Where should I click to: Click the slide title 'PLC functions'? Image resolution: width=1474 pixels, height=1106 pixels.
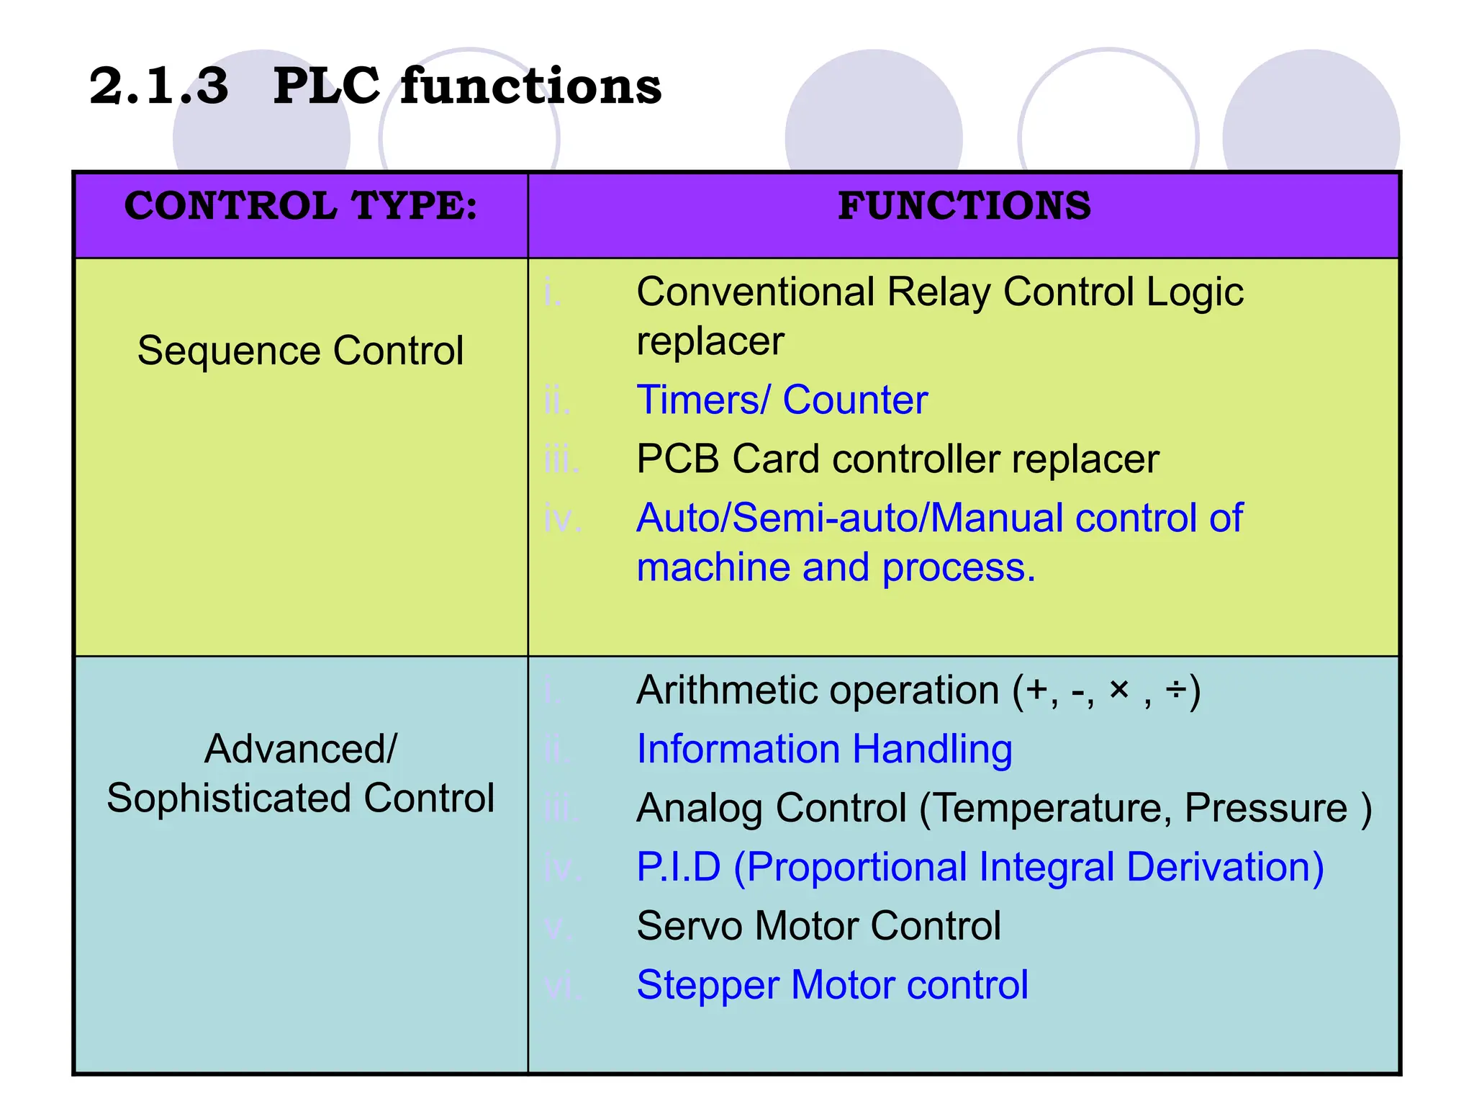click(x=466, y=86)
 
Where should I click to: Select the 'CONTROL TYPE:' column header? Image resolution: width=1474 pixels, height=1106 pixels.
click(x=300, y=207)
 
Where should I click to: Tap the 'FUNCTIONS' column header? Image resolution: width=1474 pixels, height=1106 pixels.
click(x=964, y=207)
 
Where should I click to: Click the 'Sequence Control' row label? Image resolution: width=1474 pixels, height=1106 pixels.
click(x=300, y=351)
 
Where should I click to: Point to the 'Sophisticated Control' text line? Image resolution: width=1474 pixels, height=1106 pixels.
click(x=300, y=799)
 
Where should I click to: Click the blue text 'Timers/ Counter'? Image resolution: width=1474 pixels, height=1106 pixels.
click(x=782, y=400)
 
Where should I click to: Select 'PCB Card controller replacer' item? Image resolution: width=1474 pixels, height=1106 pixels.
click(x=897, y=459)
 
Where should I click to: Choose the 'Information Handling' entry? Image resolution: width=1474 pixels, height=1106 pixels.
click(x=824, y=750)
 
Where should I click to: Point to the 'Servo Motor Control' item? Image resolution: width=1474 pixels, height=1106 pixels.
click(x=818, y=926)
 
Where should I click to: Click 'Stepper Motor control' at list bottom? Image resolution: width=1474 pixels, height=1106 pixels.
click(x=832, y=985)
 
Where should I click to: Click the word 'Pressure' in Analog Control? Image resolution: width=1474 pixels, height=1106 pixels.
click(x=1265, y=809)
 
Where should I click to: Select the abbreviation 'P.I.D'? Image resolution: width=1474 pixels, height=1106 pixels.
click(x=678, y=867)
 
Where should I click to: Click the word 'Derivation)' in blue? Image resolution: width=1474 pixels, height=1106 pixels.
click(x=1224, y=867)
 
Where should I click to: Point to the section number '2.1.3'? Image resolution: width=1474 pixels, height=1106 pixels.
click(x=159, y=86)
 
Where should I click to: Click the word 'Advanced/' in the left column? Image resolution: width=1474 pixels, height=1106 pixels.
click(x=300, y=750)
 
